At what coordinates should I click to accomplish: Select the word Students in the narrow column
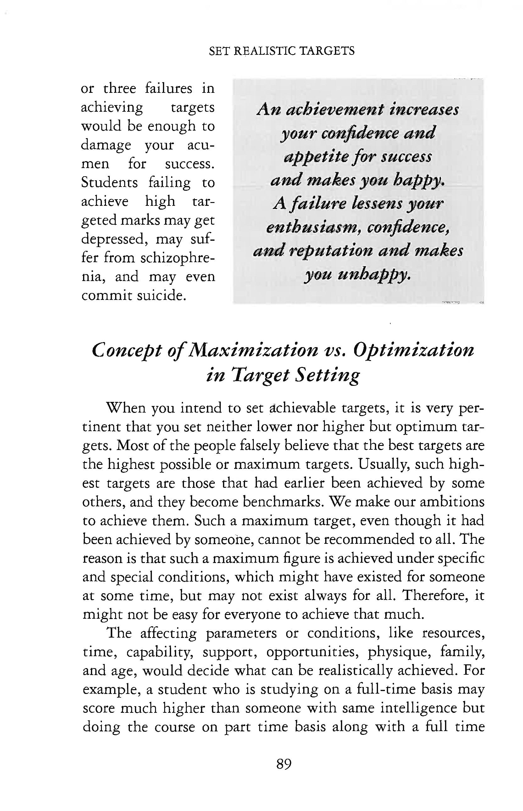109,183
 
